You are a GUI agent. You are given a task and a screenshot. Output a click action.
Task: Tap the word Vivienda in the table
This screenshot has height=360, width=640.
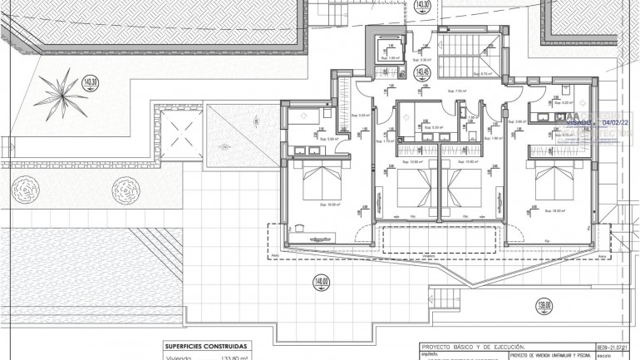point(179,358)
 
